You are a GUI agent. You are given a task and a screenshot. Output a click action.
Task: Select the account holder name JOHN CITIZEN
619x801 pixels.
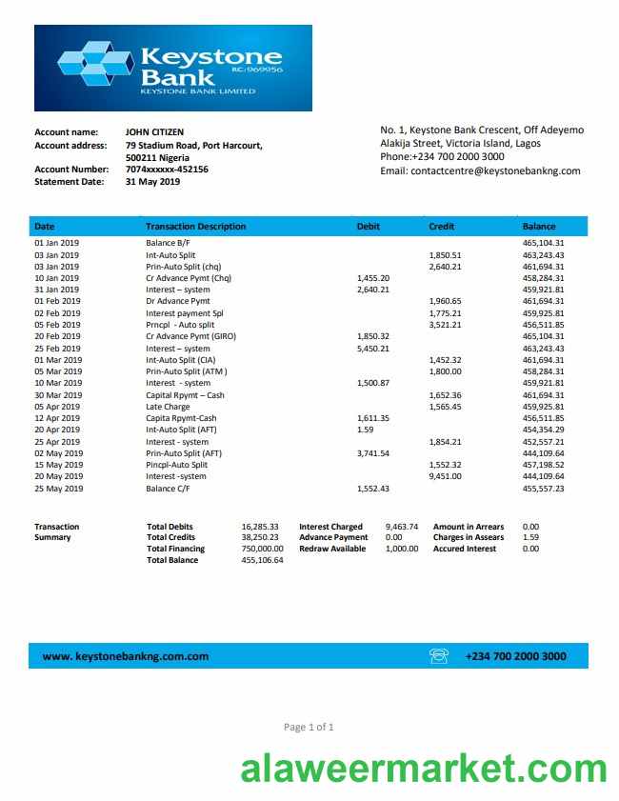coord(155,131)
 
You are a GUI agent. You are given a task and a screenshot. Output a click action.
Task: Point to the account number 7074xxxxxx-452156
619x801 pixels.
coord(167,169)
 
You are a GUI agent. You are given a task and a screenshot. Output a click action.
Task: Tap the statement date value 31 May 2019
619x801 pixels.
coord(152,181)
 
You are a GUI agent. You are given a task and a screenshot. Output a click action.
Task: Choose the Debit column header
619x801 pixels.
coord(368,227)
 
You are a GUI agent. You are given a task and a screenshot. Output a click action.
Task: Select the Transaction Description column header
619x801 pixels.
coord(195,227)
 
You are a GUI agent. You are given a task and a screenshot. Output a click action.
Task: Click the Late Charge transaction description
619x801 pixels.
coord(168,407)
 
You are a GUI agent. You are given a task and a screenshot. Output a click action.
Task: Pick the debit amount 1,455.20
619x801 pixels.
coord(372,278)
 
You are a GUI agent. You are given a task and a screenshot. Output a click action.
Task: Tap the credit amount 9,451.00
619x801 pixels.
coord(445,476)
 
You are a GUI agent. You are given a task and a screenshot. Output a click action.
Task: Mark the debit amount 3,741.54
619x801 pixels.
coord(372,453)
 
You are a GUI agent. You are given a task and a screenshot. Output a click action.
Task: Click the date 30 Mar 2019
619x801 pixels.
coord(58,394)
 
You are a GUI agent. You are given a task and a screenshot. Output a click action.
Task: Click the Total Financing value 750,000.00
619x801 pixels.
coord(262,549)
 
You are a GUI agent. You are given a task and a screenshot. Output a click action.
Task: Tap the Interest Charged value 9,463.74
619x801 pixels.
coord(401,527)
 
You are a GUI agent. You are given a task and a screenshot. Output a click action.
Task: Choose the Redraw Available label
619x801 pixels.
coord(332,549)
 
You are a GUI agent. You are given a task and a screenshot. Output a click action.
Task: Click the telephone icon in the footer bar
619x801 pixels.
coord(439,655)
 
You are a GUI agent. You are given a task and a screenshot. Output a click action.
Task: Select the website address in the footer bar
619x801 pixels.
coord(126,656)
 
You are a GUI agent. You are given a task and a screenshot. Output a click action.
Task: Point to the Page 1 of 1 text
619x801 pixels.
coord(309,727)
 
